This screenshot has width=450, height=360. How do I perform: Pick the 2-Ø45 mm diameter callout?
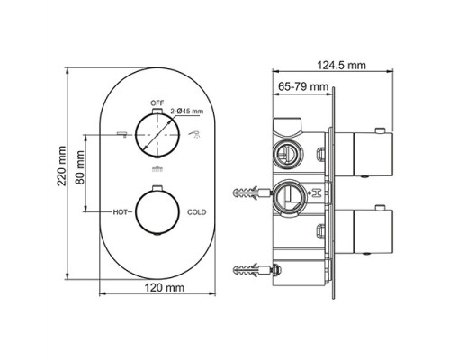pyautogui.click(x=185, y=112)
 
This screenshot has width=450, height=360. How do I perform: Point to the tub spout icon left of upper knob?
pyautogui.click(x=119, y=133)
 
